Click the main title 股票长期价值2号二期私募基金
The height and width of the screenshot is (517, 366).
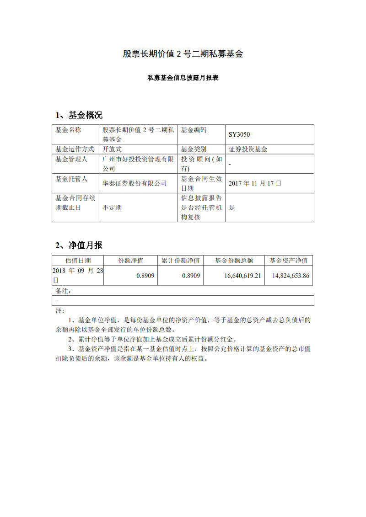point(183,54)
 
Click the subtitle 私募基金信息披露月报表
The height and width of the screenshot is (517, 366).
point(183,78)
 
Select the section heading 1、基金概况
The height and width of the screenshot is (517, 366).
point(79,115)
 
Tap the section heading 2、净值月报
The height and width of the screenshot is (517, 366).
point(79,245)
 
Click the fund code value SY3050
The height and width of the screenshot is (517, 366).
point(239,135)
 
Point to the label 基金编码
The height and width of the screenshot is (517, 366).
point(194,130)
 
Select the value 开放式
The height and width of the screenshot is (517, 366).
point(112,149)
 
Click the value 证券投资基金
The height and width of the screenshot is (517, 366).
point(248,149)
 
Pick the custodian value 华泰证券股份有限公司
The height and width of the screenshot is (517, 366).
point(135,183)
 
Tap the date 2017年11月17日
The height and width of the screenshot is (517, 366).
point(255,183)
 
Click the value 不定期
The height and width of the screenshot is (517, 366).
point(112,208)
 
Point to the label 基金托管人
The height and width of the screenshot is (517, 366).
point(71,179)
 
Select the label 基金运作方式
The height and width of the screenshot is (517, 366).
point(75,149)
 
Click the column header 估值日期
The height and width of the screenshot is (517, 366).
point(78,261)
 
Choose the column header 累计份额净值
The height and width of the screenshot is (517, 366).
point(180,261)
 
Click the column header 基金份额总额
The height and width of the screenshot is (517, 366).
point(234,261)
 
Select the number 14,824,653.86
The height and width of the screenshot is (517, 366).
point(291,276)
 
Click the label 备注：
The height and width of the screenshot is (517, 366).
point(64,291)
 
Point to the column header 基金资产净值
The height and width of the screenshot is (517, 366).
point(288,261)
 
